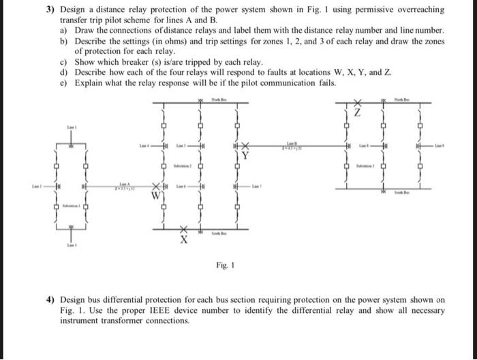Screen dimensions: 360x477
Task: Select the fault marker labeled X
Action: click(183, 239)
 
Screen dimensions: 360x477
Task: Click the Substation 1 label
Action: click(71, 205)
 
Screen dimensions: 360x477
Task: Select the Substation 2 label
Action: click(181, 166)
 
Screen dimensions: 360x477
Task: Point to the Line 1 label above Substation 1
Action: click(71, 127)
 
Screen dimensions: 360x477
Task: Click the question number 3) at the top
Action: click(50, 10)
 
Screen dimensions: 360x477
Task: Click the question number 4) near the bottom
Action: click(50, 299)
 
